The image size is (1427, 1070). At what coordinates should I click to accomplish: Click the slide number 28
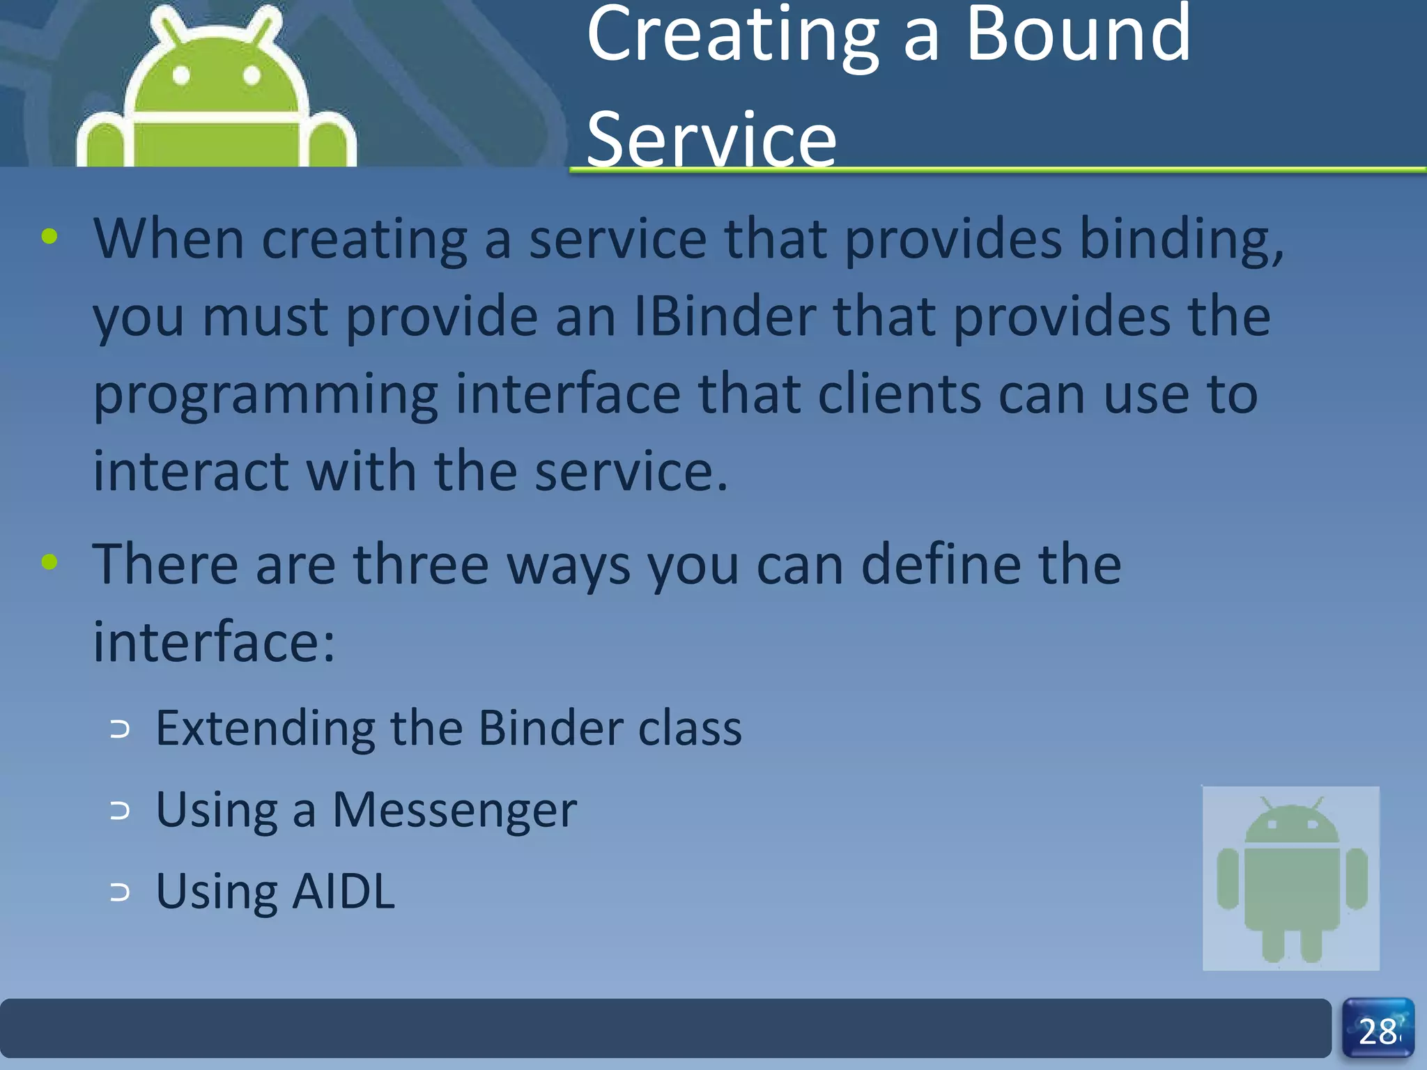tap(1378, 1031)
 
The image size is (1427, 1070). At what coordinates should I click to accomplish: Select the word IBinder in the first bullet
tap(725, 317)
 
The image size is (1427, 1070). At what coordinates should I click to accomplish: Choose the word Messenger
tap(454, 810)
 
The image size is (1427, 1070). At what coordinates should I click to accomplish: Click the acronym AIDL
tap(344, 892)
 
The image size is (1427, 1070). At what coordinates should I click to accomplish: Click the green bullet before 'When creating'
tap(49, 237)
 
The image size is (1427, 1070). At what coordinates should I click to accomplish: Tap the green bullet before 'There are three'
tap(49, 561)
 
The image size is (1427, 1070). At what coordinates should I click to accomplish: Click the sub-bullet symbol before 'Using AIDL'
tap(120, 892)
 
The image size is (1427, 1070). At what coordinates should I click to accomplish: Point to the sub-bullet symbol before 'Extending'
tap(120, 729)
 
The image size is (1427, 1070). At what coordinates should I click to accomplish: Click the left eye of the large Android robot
tap(181, 75)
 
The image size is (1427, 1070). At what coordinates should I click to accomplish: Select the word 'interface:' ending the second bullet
tap(214, 642)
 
